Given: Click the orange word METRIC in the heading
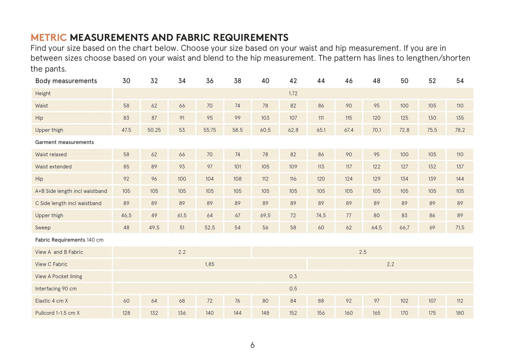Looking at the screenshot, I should (49, 37).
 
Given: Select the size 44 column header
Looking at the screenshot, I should (321, 81).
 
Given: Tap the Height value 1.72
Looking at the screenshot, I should (293, 93).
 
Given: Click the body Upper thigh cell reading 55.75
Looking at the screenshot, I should (210, 130).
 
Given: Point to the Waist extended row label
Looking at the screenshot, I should (53, 167).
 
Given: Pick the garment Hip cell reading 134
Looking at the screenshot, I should (404, 179).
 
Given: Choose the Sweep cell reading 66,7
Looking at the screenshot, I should (404, 228).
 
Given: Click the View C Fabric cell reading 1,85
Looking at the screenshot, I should (210, 264).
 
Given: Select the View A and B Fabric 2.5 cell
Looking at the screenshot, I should (362, 252).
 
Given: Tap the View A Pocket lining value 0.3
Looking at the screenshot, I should (293, 276).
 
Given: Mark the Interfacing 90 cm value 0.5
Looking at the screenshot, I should (293, 289).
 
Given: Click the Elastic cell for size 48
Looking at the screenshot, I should (376, 301).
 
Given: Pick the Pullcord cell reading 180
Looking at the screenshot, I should (460, 313).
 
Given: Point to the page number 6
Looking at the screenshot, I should (252, 345).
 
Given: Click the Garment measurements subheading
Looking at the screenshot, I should (65, 142).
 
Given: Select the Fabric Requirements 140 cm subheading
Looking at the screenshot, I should (69, 240).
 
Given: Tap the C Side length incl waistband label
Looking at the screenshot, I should (68, 203).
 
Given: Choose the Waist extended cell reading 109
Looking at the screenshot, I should (293, 167).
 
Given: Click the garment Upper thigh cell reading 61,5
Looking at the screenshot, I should (182, 216).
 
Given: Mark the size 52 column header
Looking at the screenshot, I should (432, 81).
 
